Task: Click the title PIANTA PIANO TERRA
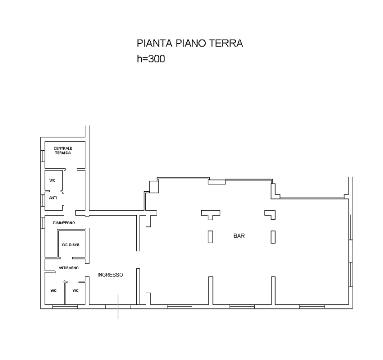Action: coord(190,43)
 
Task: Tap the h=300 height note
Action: coord(151,59)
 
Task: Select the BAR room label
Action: coord(239,236)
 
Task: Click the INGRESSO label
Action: coord(110,275)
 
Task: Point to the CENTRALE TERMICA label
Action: coord(63,151)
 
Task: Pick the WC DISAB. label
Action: coord(71,245)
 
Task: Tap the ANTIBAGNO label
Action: coord(68,268)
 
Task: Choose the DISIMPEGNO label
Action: coord(64,223)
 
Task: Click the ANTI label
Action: coord(53,198)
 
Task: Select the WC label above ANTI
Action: coord(52,180)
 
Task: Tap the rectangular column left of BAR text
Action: coord(210,237)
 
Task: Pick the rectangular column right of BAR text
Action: coord(273,237)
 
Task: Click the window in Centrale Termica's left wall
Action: coord(43,156)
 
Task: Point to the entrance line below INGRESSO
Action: coord(118,307)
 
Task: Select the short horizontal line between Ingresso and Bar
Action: coord(139,260)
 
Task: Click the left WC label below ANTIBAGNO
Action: coord(54,291)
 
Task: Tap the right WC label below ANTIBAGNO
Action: coord(75,291)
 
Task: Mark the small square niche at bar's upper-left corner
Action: coord(154,187)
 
